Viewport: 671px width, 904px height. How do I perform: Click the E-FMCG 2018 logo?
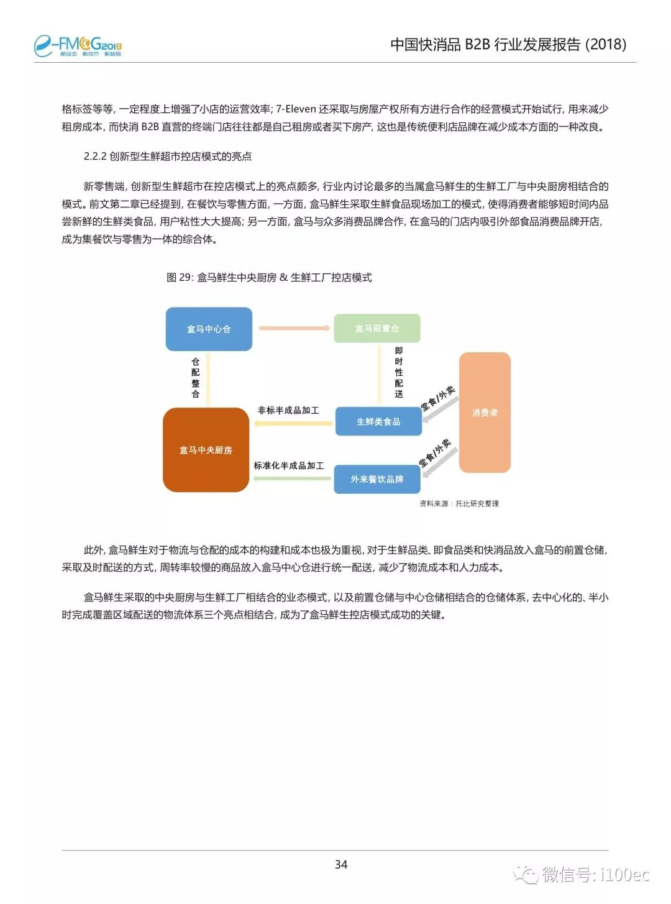tap(78, 45)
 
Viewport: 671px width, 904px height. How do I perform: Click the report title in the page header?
tap(508, 44)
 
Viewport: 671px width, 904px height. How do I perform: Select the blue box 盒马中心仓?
tap(209, 329)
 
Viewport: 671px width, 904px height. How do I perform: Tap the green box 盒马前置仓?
tap(377, 328)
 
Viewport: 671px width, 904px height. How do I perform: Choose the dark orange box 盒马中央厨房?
tap(206, 450)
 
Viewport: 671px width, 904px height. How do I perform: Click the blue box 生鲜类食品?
tap(378, 421)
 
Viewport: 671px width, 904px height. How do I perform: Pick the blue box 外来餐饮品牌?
tap(377, 479)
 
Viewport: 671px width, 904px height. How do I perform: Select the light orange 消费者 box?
tap(485, 413)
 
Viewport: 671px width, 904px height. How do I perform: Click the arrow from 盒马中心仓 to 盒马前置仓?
tap(294, 328)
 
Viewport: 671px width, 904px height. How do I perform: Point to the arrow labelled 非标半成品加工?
tap(291, 424)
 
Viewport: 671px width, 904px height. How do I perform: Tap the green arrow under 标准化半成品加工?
tap(291, 478)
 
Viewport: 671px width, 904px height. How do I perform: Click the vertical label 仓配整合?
tap(195, 377)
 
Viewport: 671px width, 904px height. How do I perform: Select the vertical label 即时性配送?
tap(399, 372)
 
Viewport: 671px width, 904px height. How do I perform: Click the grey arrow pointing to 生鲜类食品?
tap(440, 410)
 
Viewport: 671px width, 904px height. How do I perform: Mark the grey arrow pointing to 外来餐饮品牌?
tap(439, 463)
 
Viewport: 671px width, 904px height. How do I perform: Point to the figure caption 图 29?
tap(269, 277)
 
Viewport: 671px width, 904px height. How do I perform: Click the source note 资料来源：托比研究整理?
tap(459, 503)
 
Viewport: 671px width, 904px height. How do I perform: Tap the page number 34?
tap(341, 864)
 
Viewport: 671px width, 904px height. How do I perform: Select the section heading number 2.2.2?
tap(95, 157)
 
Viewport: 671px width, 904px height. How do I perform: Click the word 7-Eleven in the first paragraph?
tap(296, 109)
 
